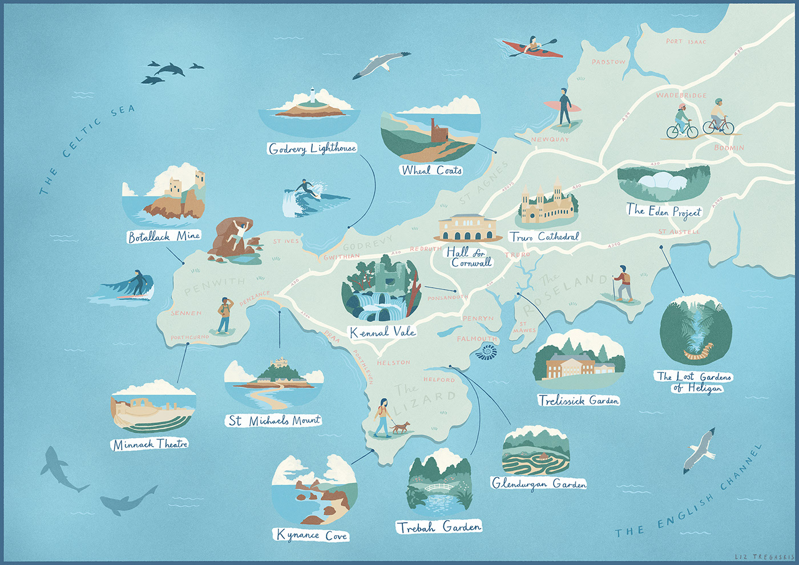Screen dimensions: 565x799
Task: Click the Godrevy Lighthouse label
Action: (x=312, y=148)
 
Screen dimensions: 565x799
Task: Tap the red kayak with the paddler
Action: (x=532, y=48)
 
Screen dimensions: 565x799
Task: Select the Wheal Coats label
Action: (x=431, y=170)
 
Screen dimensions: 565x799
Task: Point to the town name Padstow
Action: (x=608, y=62)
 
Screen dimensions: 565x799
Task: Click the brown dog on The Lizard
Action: (x=401, y=427)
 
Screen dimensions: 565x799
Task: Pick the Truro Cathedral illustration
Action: (x=547, y=205)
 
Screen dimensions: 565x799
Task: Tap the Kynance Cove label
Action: (x=312, y=535)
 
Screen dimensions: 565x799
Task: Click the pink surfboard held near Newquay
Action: (x=562, y=107)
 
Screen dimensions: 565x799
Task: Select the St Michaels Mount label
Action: (x=274, y=421)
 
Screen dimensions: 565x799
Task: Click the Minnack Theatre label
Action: (x=150, y=443)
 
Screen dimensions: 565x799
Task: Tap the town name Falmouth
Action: (x=477, y=339)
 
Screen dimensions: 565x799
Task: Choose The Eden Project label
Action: (x=664, y=211)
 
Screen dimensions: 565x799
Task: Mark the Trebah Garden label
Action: (x=439, y=527)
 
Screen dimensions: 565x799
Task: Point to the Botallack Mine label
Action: (x=164, y=236)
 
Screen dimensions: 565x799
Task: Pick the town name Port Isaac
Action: (x=686, y=42)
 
